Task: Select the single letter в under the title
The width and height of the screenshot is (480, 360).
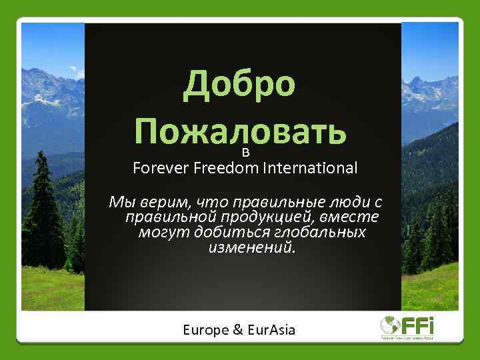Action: pyautogui.click(x=245, y=153)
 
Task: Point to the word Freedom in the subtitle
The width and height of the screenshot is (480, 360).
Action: pyautogui.click(x=227, y=167)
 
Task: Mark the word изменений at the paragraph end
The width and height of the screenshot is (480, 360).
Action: pyautogui.click(x=251, y=248)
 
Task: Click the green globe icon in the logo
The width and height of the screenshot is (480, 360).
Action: pyautogui.click(x=388, y=325)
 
